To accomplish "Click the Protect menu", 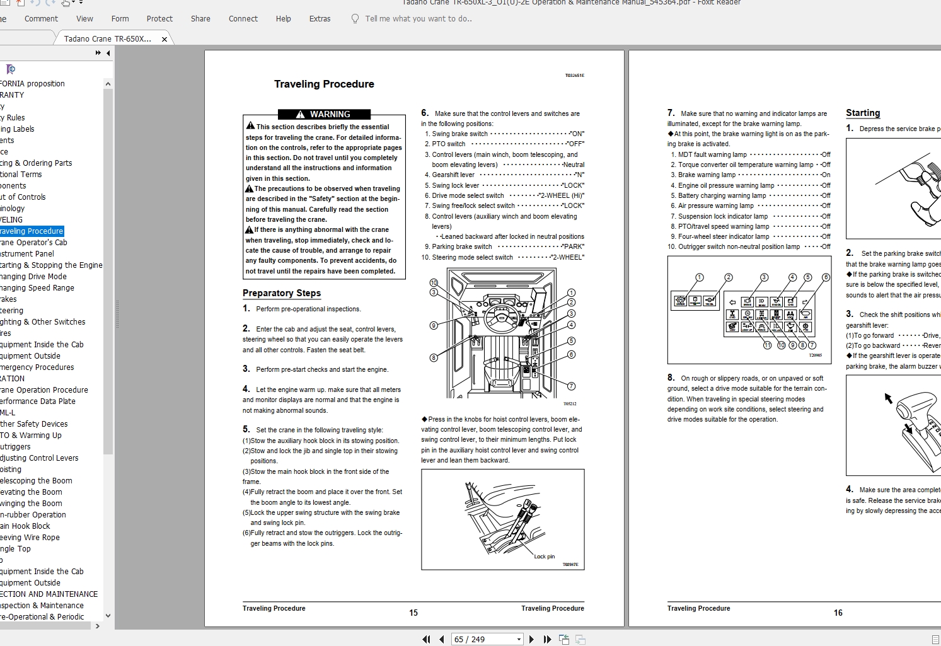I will [159, 19].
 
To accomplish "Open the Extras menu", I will [320, 19].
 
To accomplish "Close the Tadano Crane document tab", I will [165, 39].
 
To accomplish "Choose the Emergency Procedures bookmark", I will [37, 367].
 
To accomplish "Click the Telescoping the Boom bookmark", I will [36, 481].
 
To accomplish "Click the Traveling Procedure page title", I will [324, 84].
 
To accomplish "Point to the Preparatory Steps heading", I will [282, 293].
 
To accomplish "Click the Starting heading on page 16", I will [863, 113].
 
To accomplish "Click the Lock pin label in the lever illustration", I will [544, 557].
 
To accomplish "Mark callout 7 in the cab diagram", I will [571, 386].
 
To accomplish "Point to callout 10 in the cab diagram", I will [434, 283].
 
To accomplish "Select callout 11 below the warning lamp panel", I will [767, 345].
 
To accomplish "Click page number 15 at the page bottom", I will [413, 613].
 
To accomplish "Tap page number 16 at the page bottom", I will [838, 613].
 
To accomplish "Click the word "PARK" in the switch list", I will [573, 247].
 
